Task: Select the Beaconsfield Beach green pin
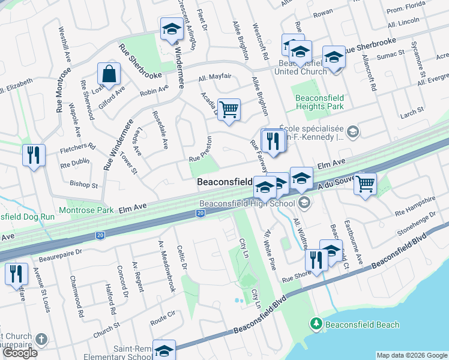click(x=316, y=324)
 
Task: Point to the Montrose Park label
click(x=86, y=211)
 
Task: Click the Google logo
click(x=20, y=353)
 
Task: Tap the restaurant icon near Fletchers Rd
click(x=34, y=155)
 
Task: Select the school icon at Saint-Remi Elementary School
click(x=164, y=351)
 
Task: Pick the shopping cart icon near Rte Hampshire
click(x=365, y=184)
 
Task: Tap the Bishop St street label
click(x=83, y=185)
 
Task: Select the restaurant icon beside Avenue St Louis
click(x=16, y=274)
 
